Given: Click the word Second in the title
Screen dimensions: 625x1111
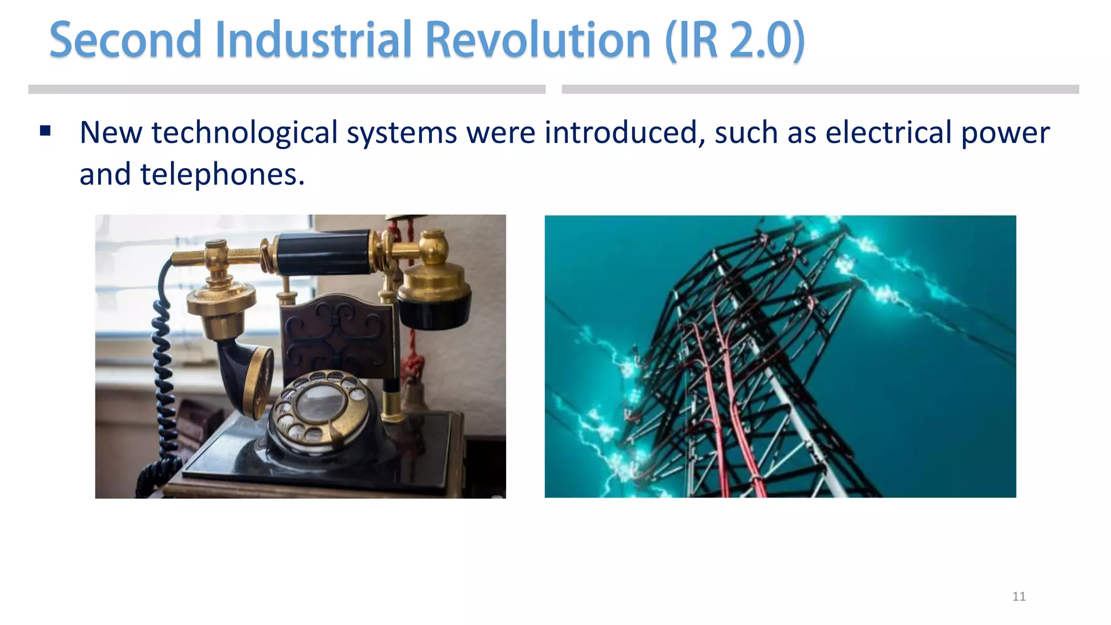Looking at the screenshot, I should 125,40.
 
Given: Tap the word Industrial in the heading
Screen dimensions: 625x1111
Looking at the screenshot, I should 314,40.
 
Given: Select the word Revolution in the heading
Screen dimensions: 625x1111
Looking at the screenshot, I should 537,40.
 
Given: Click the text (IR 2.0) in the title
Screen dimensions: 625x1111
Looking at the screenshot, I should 735,40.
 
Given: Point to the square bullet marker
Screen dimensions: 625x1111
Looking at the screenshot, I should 46,131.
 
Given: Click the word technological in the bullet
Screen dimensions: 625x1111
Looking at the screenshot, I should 245,133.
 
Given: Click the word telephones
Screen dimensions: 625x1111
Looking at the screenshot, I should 222,175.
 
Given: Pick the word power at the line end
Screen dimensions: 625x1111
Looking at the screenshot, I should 1005,133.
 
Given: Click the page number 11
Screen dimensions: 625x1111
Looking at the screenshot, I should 1019,597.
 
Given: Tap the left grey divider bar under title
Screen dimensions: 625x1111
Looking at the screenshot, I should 286,90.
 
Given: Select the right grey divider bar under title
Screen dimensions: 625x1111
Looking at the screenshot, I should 820,90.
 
